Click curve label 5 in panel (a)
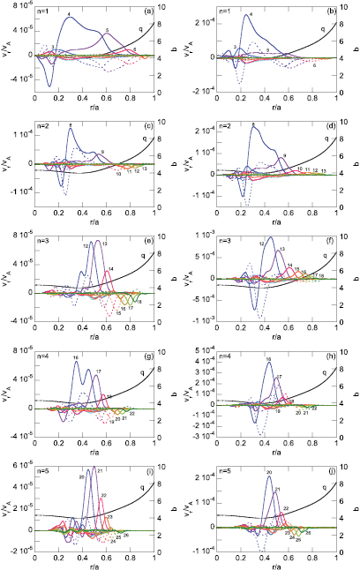click(106, 32)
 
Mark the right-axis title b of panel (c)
click(173, 164)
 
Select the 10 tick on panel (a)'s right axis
click(161, 7)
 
